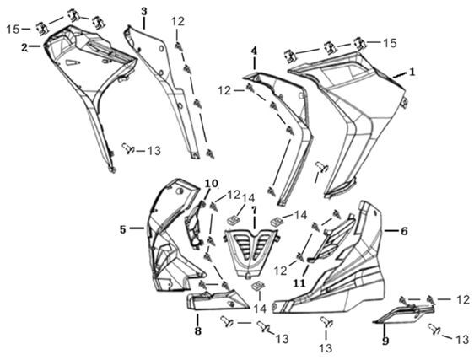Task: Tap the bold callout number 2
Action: (24, 47)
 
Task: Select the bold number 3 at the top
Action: (144, 12)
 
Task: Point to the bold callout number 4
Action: (254, 51)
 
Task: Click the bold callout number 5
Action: (122, 229)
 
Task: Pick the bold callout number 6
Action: (404, 231)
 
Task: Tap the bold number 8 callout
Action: (197, 330)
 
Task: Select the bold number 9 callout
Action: (385, 341)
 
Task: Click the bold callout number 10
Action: (212, 183)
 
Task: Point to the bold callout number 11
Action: (299, 283)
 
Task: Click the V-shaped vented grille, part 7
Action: (251, 251)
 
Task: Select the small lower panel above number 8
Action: (217, 299)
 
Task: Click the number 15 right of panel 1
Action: (389, 43)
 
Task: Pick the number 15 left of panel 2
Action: (13, 30)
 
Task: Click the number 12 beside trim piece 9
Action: (462, 299)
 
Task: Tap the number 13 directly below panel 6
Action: (326, 347)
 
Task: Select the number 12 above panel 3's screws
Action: (178, 21)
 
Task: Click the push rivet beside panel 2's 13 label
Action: (128, 148)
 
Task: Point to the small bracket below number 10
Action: (193, 224)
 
